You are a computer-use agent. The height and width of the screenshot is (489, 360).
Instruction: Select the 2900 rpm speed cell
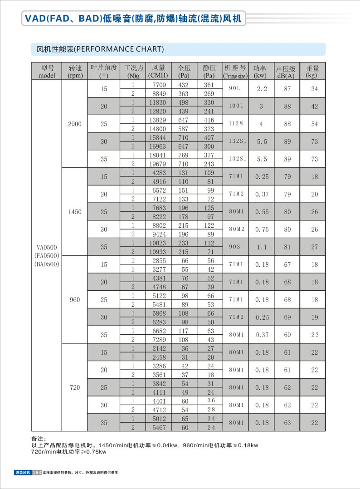(x=74, y=124)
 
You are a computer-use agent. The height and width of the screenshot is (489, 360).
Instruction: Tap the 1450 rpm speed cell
(x=74, y=212)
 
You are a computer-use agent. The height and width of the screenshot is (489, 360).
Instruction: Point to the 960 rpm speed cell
(x=74, y=299)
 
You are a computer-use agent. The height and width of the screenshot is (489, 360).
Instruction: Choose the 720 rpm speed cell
(x=74, y=387)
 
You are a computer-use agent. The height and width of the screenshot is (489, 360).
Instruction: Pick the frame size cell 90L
(x=235, y=89)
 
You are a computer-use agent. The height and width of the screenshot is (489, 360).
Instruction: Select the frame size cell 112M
(x=235, y=124)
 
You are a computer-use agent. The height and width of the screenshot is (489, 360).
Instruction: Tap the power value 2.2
(x=262, y=89)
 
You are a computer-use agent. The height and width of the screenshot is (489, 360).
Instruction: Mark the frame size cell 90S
(x=235, y=247)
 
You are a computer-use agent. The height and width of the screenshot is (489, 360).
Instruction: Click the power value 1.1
(x=262, y=247)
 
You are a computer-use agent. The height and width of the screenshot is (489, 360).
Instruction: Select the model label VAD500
(x=47, y=247)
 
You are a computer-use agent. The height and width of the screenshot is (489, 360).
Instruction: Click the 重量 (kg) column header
(x=312, y=72)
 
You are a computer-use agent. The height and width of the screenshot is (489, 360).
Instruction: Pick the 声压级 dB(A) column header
(x=286, y=72)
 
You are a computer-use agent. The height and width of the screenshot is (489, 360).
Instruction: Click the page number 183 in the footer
(x=37, y=473)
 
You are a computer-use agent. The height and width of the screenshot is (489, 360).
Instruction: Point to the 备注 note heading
(x=38, y=439)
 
